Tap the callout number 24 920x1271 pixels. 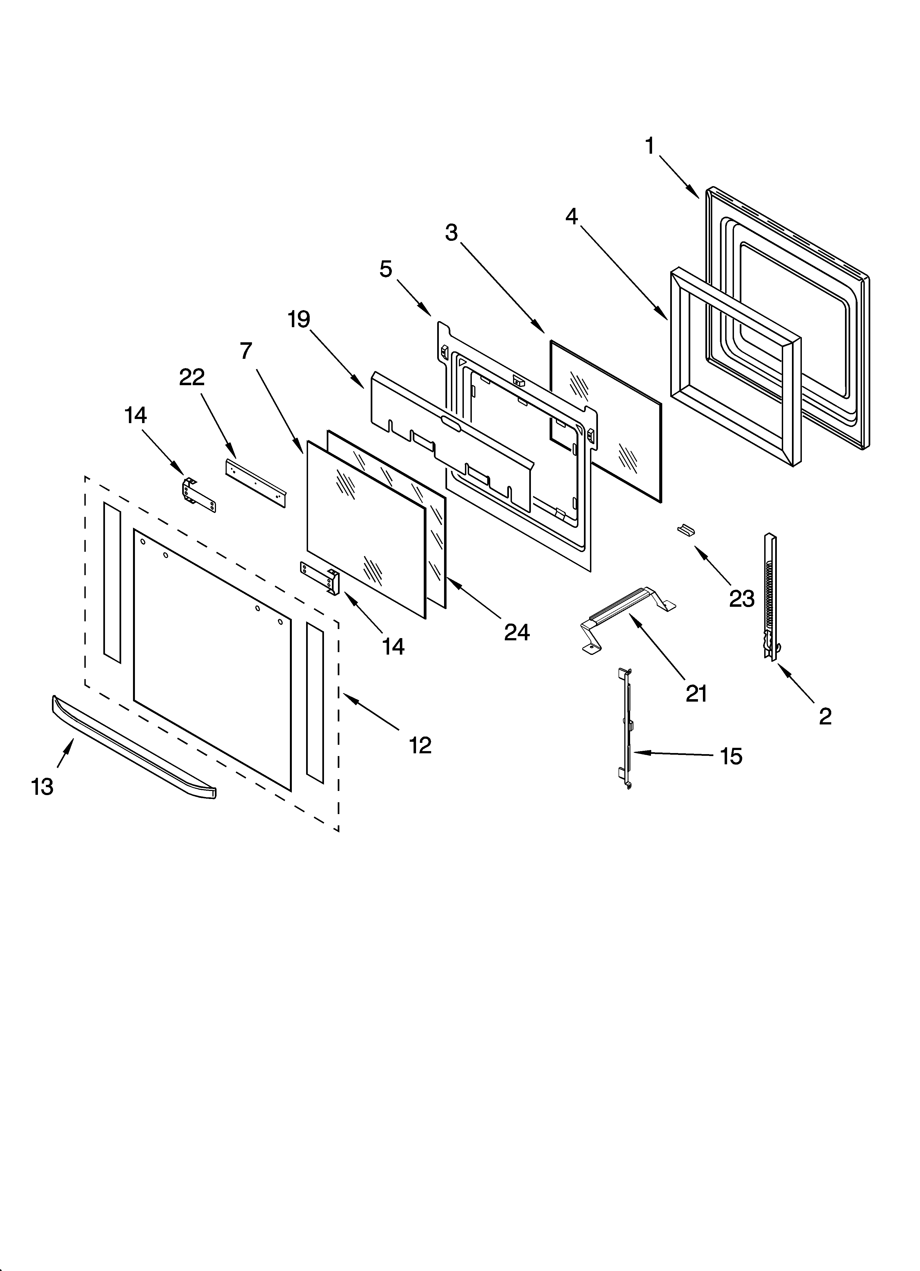click(517, 632)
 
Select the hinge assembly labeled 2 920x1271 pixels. click(771, 597)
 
